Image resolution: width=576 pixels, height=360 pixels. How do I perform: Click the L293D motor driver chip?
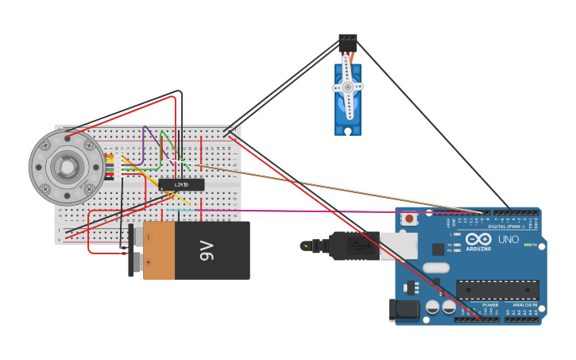point(181,185)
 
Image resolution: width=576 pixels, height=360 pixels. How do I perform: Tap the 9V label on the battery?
point(206,250)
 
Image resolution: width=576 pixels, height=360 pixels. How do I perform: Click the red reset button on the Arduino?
point(409,219)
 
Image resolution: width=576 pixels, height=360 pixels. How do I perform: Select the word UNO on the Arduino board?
point(508,239)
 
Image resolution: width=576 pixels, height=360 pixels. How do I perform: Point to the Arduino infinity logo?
point(479,238)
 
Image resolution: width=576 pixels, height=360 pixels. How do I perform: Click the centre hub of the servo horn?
point(347,87)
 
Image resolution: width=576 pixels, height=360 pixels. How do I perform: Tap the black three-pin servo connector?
point(347,42)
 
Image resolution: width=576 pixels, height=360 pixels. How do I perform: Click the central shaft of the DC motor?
point(66,167)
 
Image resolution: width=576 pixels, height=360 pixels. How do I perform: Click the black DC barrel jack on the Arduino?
point(404,310)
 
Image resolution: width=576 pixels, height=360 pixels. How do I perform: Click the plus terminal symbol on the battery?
point(148,237)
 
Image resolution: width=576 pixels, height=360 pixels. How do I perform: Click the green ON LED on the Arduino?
point(528,245)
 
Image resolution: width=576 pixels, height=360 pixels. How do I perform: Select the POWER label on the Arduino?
point(490,304)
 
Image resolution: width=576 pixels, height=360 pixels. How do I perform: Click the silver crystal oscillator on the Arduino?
point(435,268)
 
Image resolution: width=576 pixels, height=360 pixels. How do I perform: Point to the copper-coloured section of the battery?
point(158,250)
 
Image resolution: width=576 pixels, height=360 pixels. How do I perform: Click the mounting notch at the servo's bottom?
point(347,130)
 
